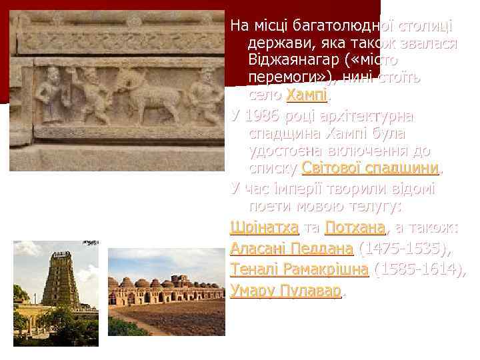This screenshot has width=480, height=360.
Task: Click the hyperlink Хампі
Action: tap(307, 95)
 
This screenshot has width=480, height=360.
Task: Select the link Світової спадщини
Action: tap(371, 167)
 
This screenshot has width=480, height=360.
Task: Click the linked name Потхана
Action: tap(355, 229)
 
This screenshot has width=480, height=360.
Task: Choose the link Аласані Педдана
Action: tap(291, 249)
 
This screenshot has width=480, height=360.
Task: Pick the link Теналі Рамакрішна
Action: tap(299, 270)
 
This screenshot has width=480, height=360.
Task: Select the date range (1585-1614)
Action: tap(420, 270)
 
